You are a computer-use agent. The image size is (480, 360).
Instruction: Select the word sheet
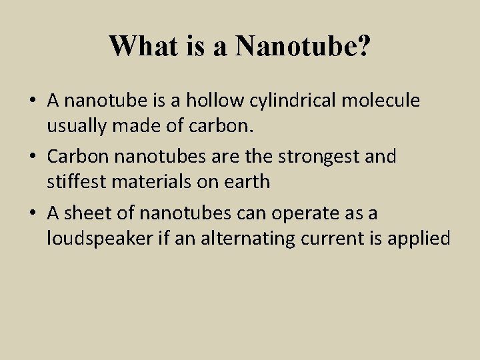coord(87,213)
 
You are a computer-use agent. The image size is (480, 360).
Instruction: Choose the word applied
coord(421,238)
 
